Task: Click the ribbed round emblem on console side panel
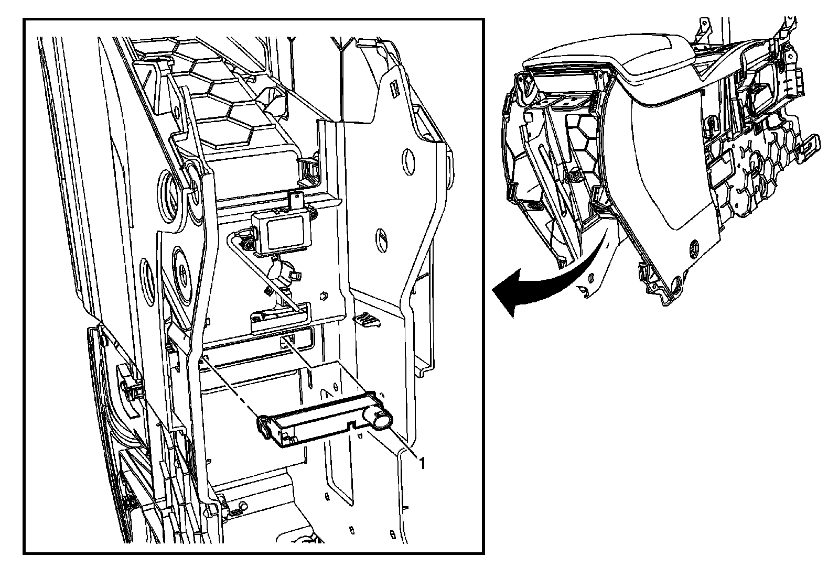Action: (694, 246)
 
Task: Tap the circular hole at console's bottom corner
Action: (676, 283)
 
